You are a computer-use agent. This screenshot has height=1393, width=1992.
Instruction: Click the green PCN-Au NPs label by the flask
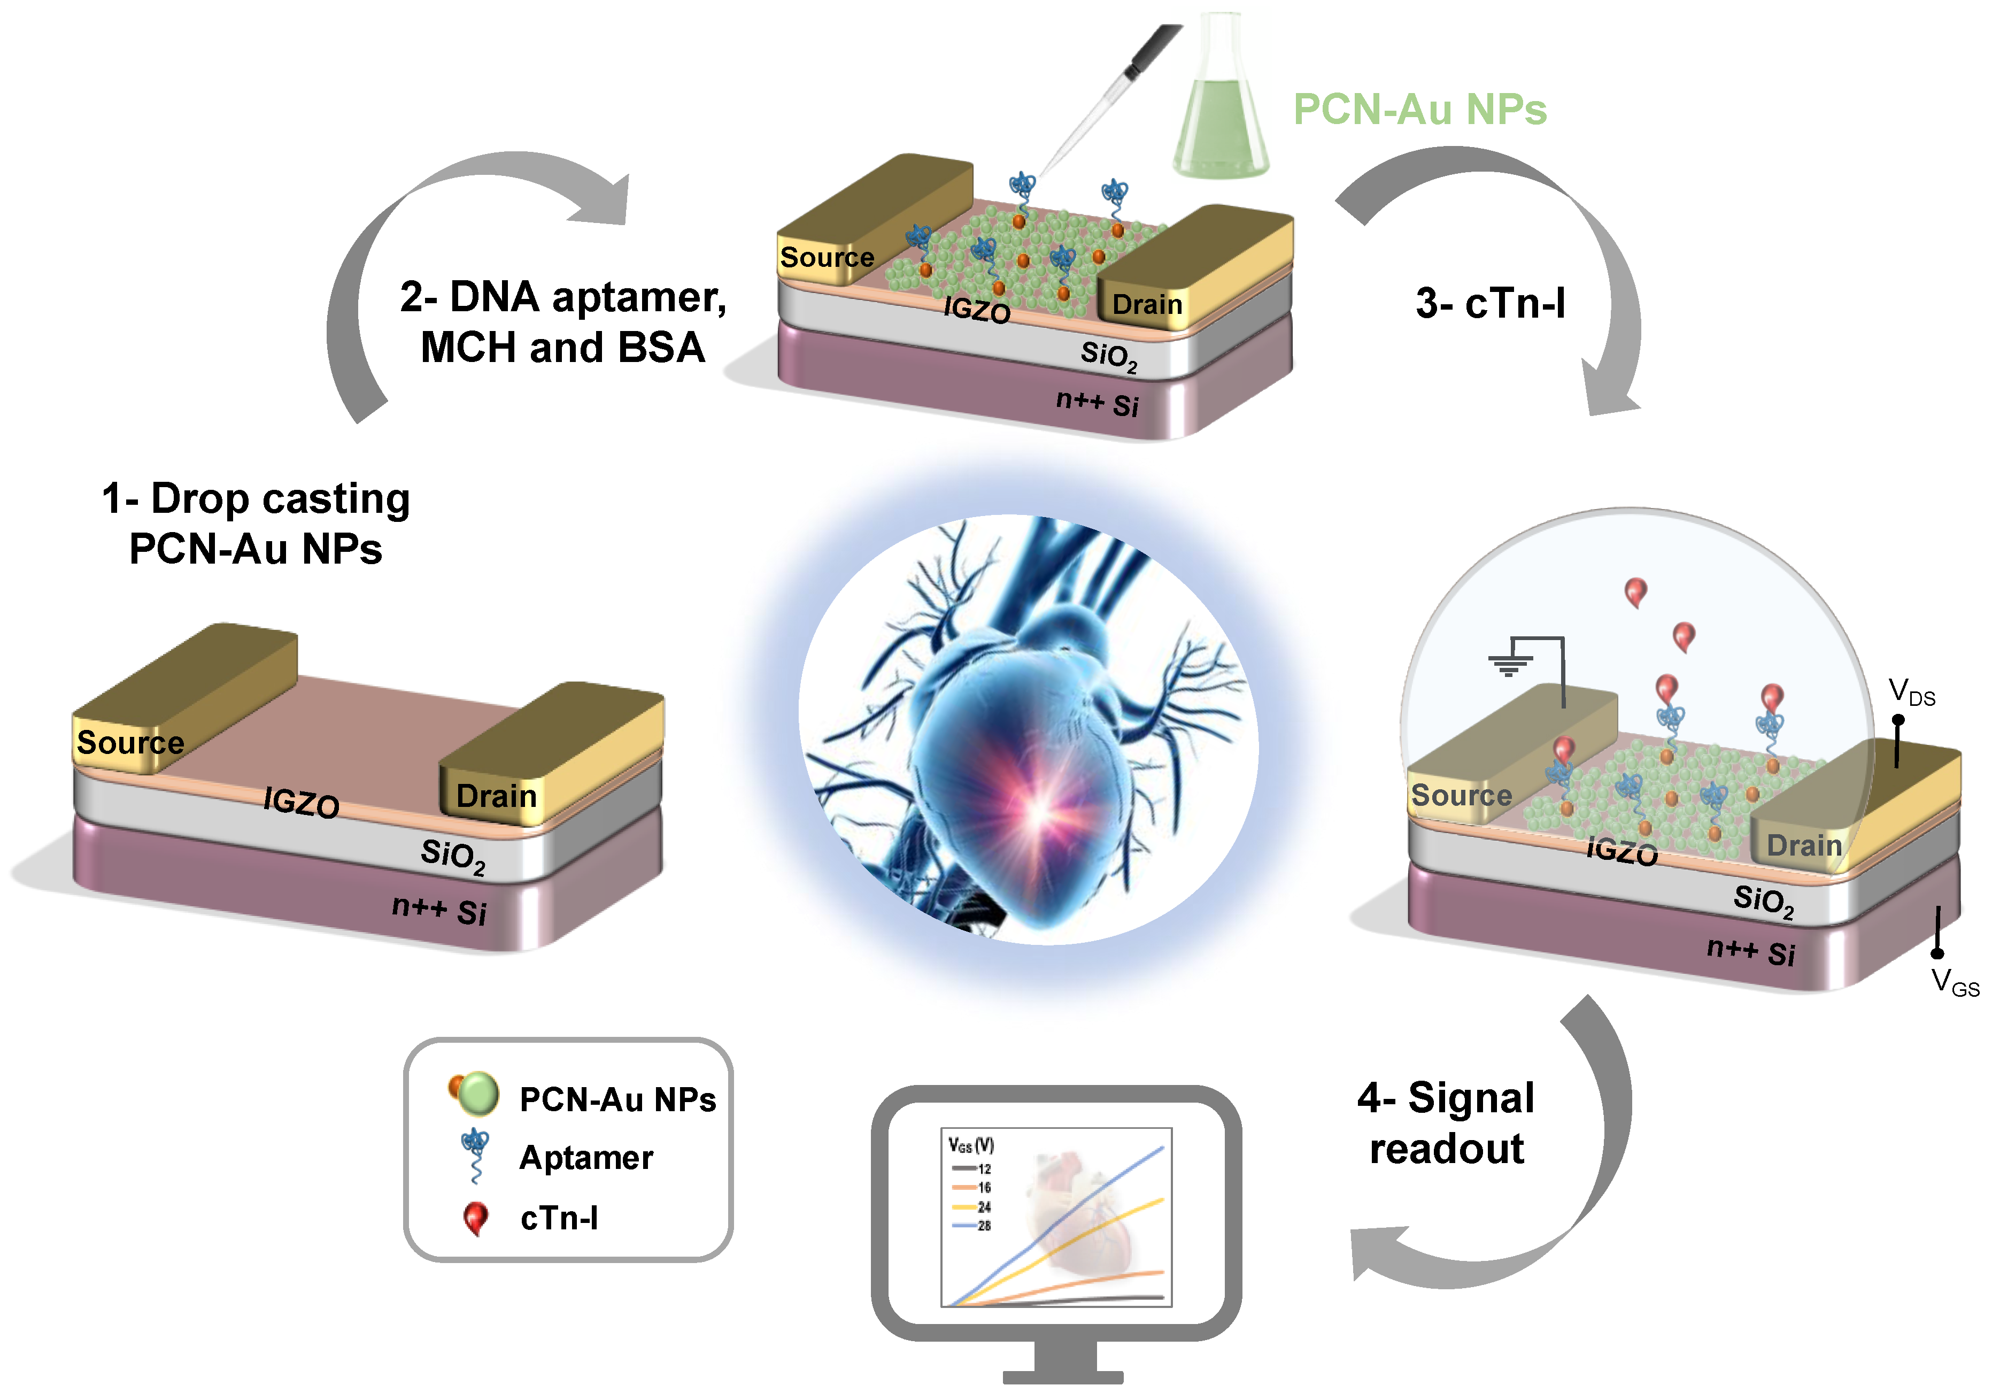coord(1419,110)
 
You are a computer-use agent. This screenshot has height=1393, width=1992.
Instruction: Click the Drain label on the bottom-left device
coord(496,796)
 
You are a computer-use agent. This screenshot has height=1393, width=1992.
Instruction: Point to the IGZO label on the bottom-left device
coord(301,802)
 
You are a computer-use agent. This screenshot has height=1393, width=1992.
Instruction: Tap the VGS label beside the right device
coord(1954,982)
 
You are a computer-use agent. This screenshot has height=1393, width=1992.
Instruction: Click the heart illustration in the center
coord(1028,729)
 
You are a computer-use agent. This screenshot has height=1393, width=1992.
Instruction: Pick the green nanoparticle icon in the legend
coord(476,1095)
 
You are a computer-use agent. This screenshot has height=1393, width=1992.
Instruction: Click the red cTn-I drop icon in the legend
coord(475,1218)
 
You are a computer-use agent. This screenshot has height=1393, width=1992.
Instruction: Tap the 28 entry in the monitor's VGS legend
coord(984,1226)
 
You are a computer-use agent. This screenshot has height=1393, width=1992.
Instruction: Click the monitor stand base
coord(1063,1376)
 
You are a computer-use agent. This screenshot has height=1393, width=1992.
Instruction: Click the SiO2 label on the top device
coord(1108,355)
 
